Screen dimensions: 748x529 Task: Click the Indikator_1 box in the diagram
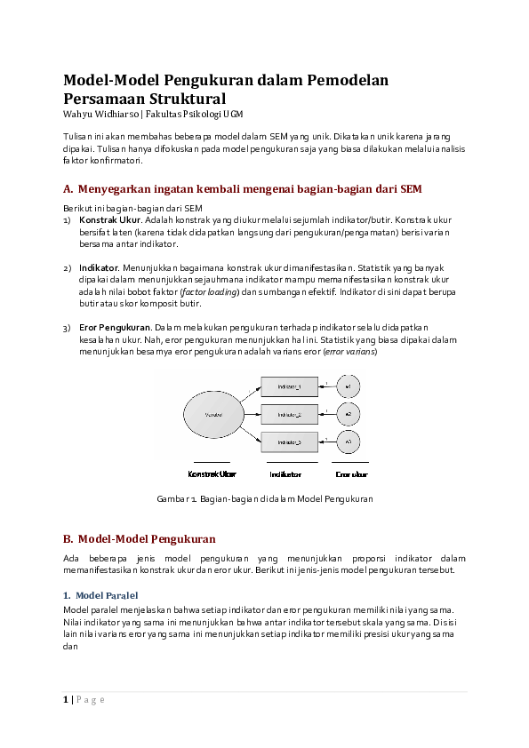point(289,386)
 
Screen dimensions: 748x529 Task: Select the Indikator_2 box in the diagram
point(289,414)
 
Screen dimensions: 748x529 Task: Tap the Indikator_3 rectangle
point(289,442)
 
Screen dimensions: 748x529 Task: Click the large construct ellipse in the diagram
point(214,415)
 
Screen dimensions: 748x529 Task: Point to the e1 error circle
point(349,386)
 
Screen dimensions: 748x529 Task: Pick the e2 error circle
point(349,414)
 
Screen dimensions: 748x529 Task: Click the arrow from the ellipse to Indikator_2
point(252,415)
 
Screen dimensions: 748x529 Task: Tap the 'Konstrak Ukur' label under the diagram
point(212,474)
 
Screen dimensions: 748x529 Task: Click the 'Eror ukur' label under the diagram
point(351,474)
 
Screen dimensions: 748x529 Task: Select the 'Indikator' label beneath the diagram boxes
point(285,474)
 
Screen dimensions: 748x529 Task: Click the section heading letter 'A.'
point(68,189)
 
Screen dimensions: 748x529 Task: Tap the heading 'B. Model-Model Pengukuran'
point(139,538)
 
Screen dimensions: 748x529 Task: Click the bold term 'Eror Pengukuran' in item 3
point(110,329)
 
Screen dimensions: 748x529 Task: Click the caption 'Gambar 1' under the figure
point(176,498)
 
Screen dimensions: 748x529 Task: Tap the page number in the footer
point(66,699)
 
